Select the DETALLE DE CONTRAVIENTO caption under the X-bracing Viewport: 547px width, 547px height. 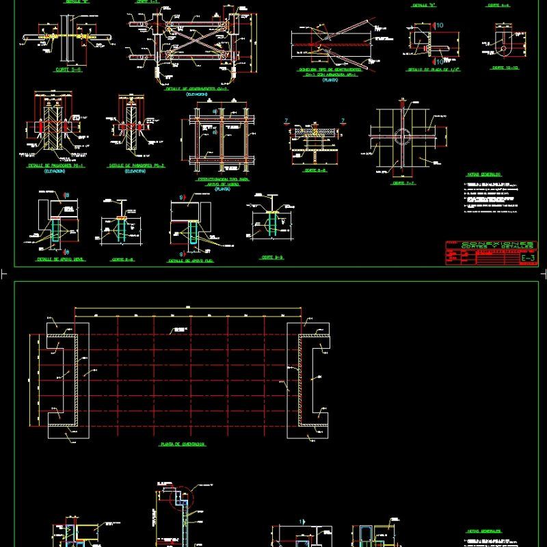coord(196,89)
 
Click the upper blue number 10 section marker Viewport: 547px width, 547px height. coord(439,25)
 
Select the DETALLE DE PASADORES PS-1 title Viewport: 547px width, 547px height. coord(55,165)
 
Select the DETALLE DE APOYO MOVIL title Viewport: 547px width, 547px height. coord(55,259)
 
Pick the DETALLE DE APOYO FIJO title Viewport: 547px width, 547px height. coord(191,261)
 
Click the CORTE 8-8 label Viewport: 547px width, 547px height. coord(122,259)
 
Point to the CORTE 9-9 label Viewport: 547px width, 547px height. coord(271,257)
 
